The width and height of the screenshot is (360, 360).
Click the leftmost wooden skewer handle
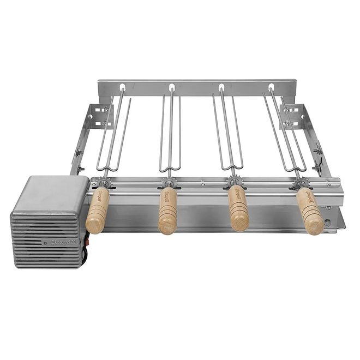click(98, 210)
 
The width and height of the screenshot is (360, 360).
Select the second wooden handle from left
click(167, 211)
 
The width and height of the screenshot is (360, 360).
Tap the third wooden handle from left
click(238, 208)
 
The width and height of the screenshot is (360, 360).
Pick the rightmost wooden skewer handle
click(310, 211)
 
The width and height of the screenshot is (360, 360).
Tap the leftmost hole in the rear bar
click(122, 87)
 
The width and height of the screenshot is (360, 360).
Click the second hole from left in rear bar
click(171, 87)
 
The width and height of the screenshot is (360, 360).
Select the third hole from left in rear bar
click(221, 87)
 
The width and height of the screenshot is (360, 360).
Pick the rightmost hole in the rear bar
click(271, 87)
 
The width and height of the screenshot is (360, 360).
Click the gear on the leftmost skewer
click(100, 182)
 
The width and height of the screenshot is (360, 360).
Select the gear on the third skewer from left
click(235, 182)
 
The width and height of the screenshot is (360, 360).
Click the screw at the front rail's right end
click(328, 222)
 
